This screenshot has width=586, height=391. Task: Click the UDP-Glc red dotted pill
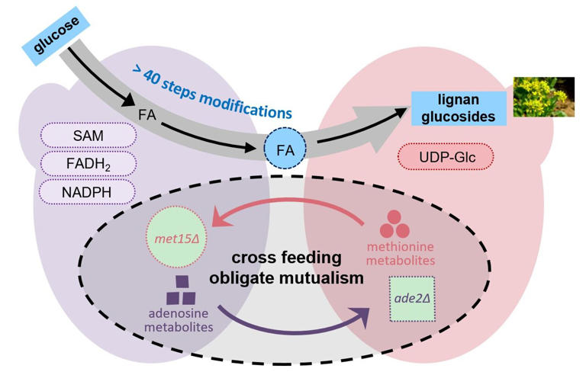coord(446,158)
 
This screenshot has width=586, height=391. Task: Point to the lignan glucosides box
coord(459,108)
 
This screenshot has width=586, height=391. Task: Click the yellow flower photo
coord(543,96)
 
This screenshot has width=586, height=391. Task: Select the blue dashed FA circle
coord(285,150)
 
